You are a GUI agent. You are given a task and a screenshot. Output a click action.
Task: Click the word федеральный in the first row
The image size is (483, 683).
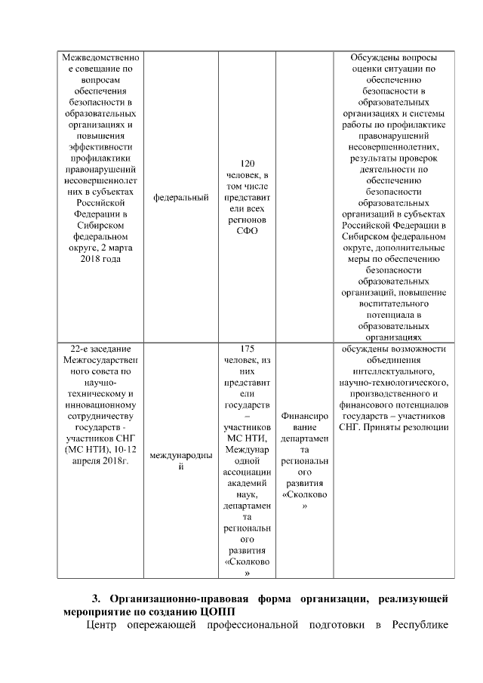pyautogui.click(x=180, y=198)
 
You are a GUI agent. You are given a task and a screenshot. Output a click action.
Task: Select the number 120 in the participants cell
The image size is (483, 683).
pyautogui.click(x=247, y=163)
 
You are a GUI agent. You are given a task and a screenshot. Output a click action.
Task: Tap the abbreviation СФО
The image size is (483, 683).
pyautogui.click(x=247, y=231)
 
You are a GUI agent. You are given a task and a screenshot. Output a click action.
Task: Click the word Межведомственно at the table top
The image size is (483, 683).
pyautogui.click(x=100, y=58)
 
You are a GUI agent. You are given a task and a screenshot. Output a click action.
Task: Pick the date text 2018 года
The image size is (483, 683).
pyautogui.click(x=100, y=259)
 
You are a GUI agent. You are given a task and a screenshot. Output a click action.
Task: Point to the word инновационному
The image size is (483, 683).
pyautogui.click(x=100, y=405)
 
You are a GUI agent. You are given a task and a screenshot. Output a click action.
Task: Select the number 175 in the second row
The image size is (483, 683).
pyautogui.click(x=247, y=349)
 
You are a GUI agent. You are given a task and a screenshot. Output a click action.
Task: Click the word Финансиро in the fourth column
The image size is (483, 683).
pyautogui.click(x=304, y=416)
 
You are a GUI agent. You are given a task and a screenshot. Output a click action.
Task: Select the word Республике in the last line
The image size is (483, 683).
pyautogui.click(x=422, y=626)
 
